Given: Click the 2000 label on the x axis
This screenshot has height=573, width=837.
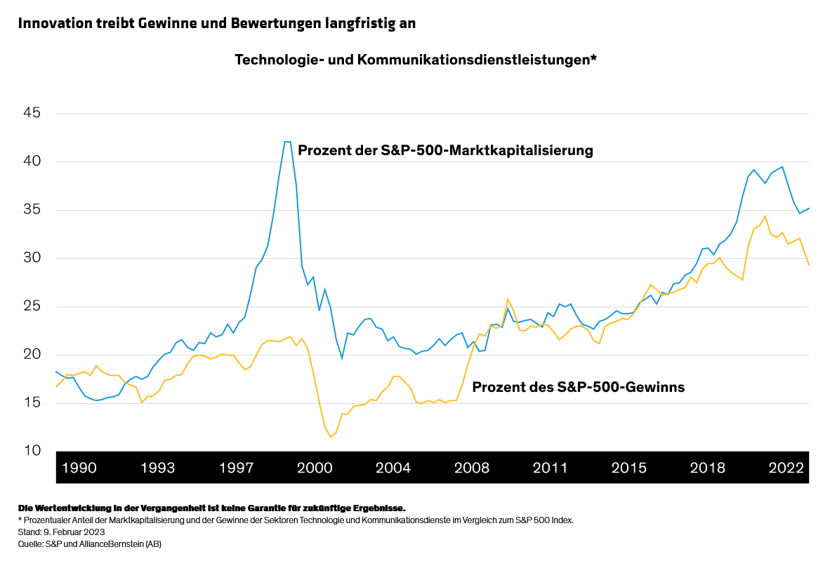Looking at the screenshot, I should pos(315,468).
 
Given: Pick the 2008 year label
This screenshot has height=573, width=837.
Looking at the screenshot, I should pos(472,468).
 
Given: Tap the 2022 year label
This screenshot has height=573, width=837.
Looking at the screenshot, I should pos(786,468).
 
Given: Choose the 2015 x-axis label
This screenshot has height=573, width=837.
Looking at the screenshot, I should pos(629,468).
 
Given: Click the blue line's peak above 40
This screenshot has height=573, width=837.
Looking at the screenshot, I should pos(287,142).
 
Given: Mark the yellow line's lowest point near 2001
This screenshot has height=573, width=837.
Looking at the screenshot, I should pos(331,437).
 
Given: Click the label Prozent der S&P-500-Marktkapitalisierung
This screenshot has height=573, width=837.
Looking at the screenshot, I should pos(445,150).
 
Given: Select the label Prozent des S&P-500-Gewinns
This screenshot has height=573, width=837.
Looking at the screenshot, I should pos(578,386).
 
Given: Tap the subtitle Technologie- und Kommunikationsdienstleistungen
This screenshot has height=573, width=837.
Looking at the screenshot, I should pos(415,60).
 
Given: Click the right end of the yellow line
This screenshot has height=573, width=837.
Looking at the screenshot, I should pos(809,265).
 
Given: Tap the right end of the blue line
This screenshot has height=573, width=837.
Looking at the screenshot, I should pos(809,208).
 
